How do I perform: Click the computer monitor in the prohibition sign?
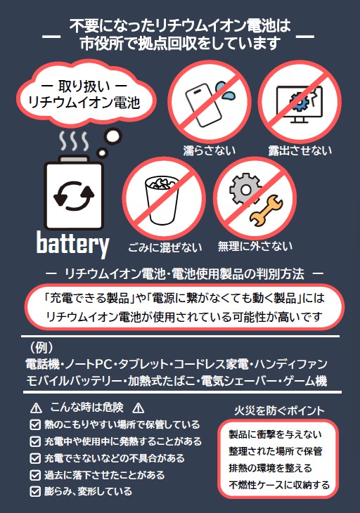(x=299, y=104)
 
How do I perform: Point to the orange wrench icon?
(x=266, y=211)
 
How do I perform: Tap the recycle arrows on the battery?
(x=74, y=195)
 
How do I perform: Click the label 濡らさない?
(x=210, y=150)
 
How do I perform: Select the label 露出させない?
(x=300, y=150)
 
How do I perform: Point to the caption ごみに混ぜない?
(x=165, y=247)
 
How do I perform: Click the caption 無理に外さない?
(x=255, y=246)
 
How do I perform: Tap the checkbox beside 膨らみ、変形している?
(x=35, y=491)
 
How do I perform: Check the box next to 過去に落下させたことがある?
(x=35, y=475)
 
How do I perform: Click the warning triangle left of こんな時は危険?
(x=36, y=408)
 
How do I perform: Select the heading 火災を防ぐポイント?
(x=279, y=410)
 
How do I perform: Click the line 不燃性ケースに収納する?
(x=279, y=485)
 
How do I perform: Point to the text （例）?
(x=41, y=348)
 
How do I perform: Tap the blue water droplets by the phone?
(x=225, y=91)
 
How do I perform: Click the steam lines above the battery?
(x=74, y=141)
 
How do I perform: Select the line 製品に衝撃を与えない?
(x=275, y=434)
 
